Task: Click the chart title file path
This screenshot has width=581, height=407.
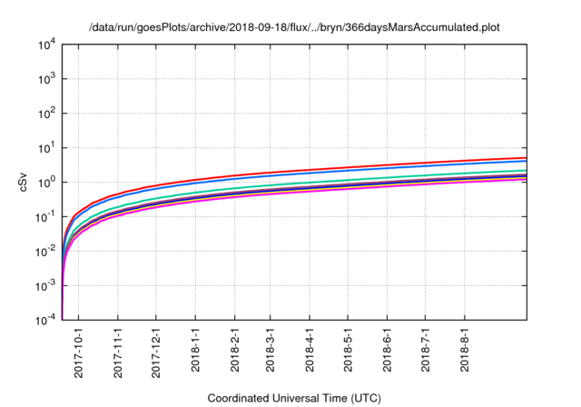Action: [294, 28]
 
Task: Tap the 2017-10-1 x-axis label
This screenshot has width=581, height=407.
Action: [79, 350]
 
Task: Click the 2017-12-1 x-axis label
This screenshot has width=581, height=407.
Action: [156, 350]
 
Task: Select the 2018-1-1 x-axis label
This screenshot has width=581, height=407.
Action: [195, 350]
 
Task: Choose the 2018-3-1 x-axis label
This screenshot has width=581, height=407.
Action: [271, 350]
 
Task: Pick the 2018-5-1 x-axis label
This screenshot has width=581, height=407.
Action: [349, 350]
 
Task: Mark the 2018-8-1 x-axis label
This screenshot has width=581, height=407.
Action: [465, 350]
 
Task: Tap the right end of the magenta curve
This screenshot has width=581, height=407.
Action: [526, 179]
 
